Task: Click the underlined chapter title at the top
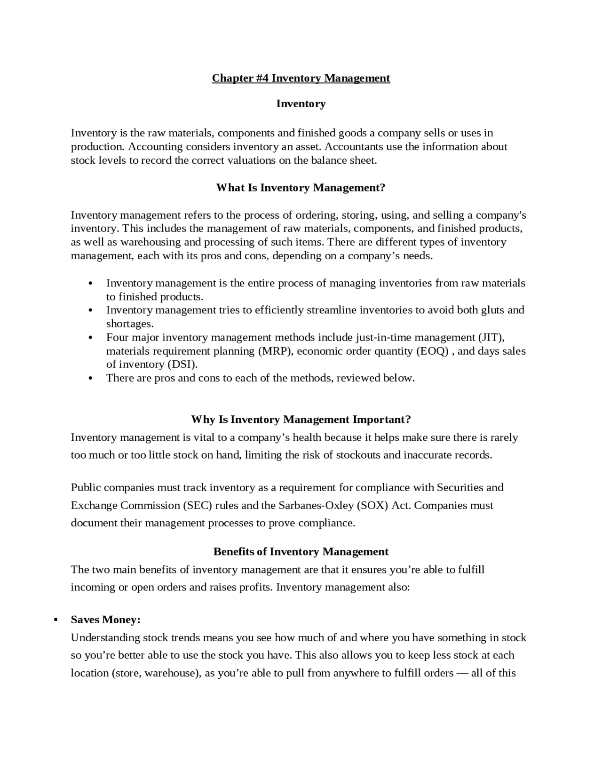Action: tap(301, 78)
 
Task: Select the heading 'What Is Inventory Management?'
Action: tap(301, 188)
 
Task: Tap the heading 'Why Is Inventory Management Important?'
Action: tap(301, 419)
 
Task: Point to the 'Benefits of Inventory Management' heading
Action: tap(301, 551)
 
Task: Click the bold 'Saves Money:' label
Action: tap(106, 620)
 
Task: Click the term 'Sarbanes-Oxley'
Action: tap(316, 505)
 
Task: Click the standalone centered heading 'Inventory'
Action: tap(301, 103)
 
